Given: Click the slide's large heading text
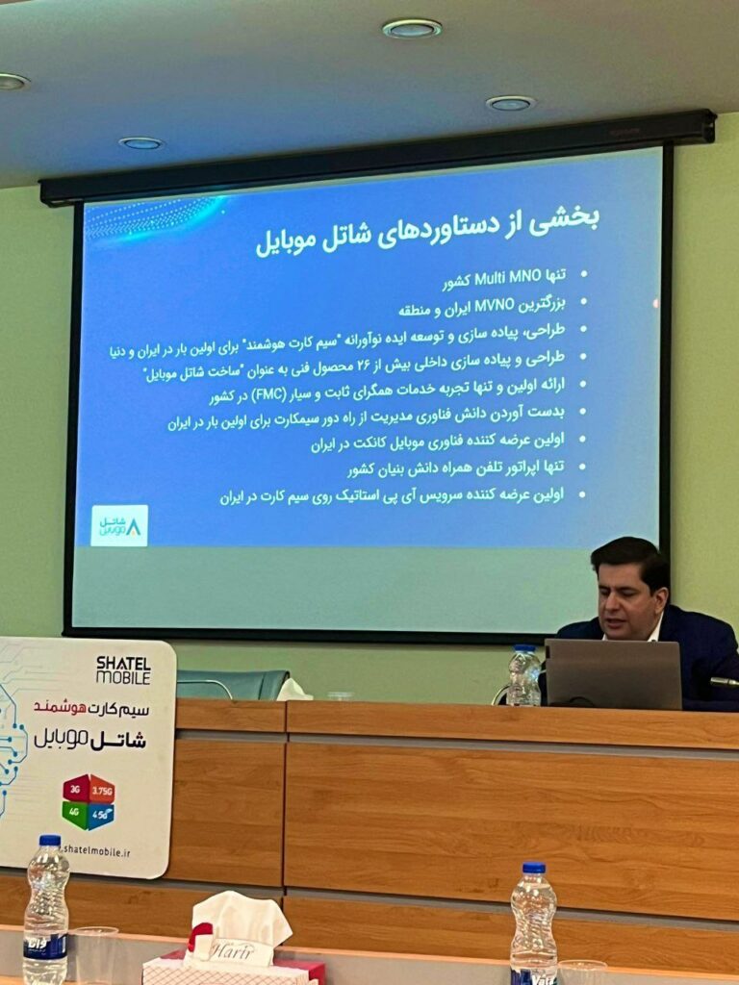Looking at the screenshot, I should tap(426, 229).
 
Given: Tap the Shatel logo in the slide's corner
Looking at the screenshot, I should tap(119, 525).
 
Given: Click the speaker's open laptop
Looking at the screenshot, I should tap(613, 673).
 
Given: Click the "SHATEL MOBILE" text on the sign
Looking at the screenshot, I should tap(122, 669).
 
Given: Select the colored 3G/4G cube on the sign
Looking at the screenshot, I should tap(89, 801).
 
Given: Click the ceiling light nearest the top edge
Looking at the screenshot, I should tap(412, 29).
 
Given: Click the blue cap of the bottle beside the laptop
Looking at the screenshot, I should tap(524, 649).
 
